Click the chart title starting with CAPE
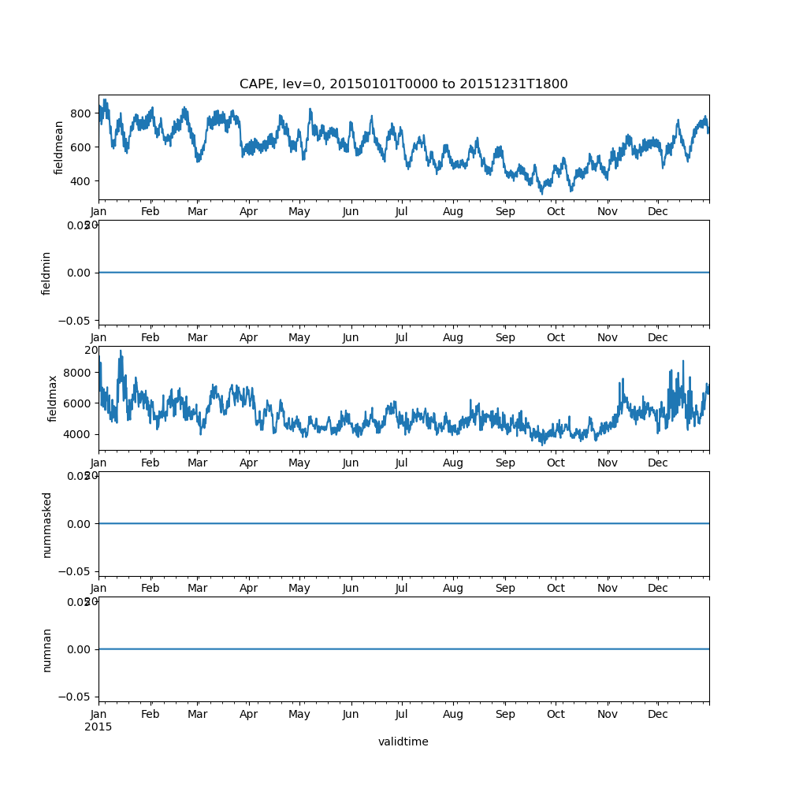pyautogui.click(x=403, y=84)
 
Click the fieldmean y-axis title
pyautogui.click(x=58, y=147)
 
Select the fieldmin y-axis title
pyautogui.click(x=46, y=273)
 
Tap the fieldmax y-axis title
pyautogui.click(x=53, y=398)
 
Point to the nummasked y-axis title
pyautogui.click(x=46, y=524)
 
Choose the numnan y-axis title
pyautogui.click(x=46, y=649)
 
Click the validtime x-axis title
pyautogui.click(x=403, y=742)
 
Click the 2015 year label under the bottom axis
pyautogui.click(x=98, y=727)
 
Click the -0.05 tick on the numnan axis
pyautogui.click(x=77, y=697)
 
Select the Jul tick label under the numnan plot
pyautogui.click(x=401, y=715)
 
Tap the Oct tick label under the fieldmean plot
pyautogui.click(x=556, y=212)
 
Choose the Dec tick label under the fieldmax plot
pyautogui.click(x=658, y=463)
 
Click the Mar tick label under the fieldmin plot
pyautogui.click(x=197, y=337)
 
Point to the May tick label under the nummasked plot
pyautogui.click(x=299, y=589)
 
